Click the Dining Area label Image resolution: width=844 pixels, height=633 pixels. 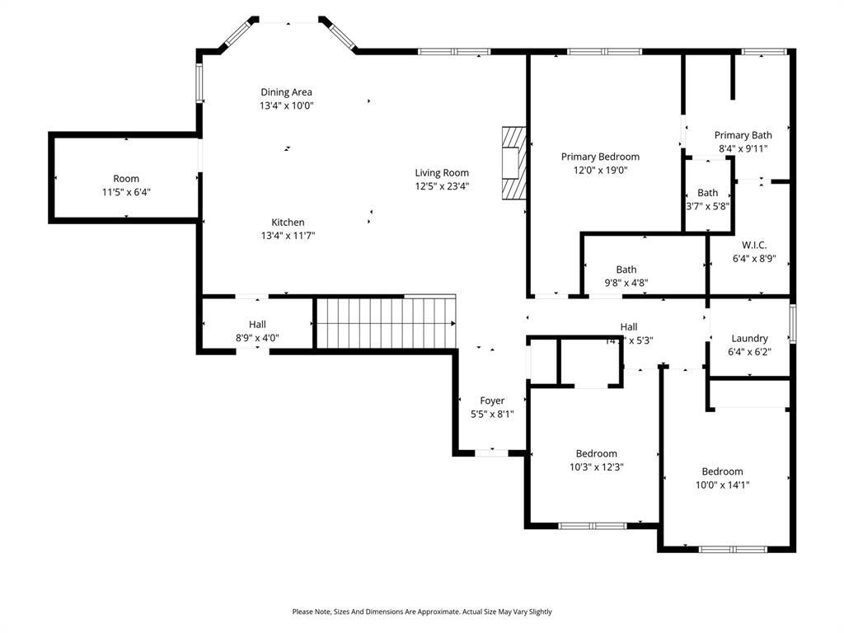click(286, 92)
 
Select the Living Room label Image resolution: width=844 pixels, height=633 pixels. click(442, 173)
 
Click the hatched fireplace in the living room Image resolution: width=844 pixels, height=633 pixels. click(514, 162)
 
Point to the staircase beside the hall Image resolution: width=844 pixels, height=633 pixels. click(386, 323)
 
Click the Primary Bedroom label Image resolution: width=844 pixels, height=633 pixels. click(600, 157)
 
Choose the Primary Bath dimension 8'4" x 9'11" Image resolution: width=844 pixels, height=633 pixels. click(743, 149)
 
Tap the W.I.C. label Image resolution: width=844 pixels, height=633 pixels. click(754, 245)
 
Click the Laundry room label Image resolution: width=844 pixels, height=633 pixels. click(749, 338)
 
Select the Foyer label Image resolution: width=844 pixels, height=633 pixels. click(492, 401)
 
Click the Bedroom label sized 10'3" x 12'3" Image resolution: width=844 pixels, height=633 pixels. click(596, 453)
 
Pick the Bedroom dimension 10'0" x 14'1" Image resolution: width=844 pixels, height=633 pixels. click(722, 485)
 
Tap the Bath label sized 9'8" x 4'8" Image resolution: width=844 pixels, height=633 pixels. click(626, 270)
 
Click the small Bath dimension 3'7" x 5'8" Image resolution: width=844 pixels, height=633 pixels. click(707, 206)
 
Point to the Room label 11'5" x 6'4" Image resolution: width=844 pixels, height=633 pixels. click(126, 179)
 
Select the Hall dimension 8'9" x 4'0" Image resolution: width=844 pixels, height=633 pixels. click(257, 337)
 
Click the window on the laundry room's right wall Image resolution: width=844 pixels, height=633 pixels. click(793, 324)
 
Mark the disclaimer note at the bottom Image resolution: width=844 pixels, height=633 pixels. click(422, 612)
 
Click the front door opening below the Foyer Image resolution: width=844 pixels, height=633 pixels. click(492, 452)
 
